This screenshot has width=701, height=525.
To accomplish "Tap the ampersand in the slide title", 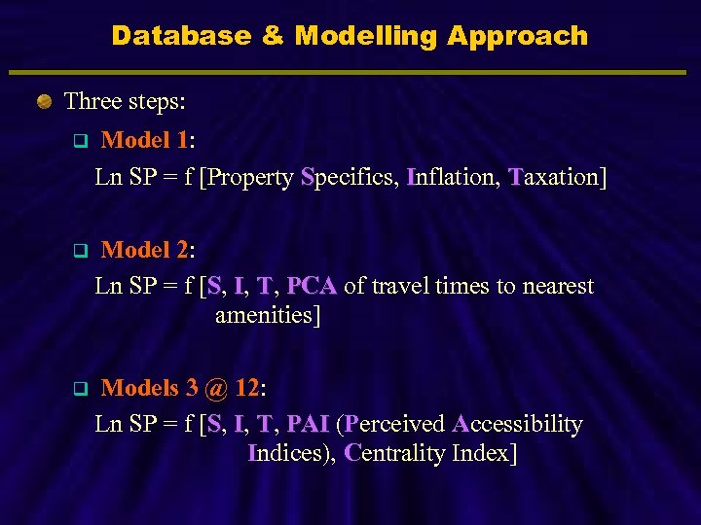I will click(274, 36).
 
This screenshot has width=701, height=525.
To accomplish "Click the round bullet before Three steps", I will click(44, 101).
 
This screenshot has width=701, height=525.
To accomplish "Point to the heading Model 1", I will click(147, 140).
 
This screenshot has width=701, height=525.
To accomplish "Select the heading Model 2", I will click(147, 250).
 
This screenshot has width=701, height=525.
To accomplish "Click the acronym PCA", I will click(312, 286).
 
